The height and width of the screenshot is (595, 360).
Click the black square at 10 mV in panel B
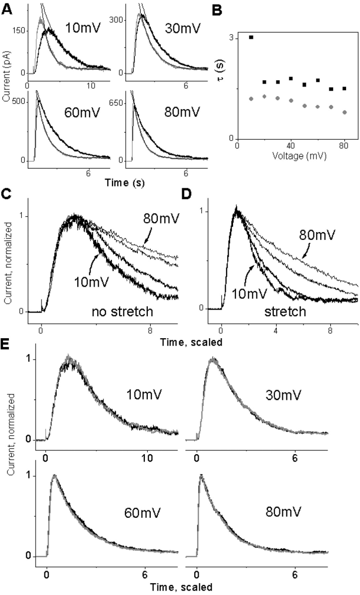pos(251,37)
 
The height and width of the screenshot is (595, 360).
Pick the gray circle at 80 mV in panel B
pos(344,112)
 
